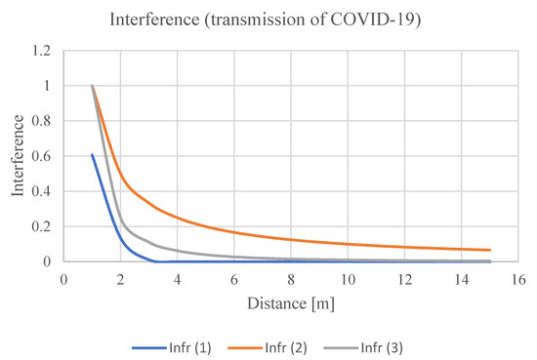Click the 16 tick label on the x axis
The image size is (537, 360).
[x=518, y=278]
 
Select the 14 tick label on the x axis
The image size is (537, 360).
[x=462, y=278]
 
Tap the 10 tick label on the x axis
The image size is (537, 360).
[x=348, y=278]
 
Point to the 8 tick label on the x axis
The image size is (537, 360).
[x=291, y=278]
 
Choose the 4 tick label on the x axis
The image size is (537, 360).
[x=178, y=278]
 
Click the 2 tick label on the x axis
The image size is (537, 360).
[x=120, y=278]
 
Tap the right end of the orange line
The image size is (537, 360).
[x=490, y=250]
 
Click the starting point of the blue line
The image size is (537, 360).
[x=92, y=154]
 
